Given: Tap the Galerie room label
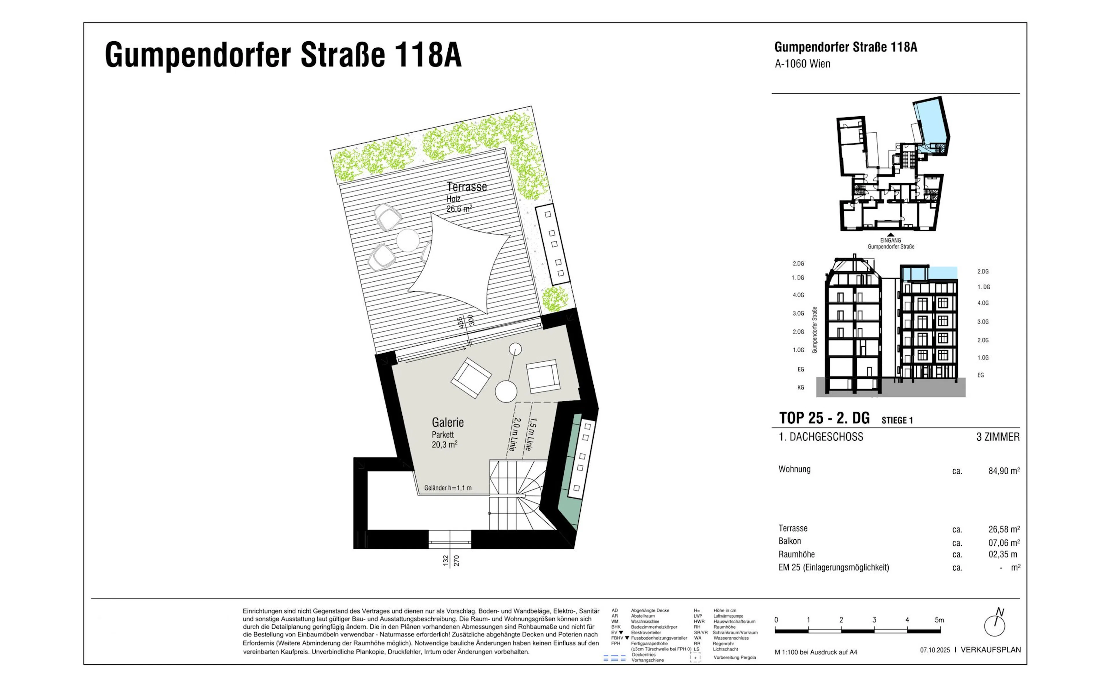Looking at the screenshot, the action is pos(448,422).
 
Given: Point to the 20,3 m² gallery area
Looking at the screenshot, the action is pos(445,444).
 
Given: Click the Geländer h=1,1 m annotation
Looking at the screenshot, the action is pos(448,488).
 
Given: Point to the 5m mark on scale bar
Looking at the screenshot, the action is pos(939,620).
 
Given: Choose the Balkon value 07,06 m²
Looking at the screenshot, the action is pos(1004,542).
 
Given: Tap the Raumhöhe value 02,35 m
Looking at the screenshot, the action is pos(1003,554).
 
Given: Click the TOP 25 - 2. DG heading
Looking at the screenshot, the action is pos(824,418).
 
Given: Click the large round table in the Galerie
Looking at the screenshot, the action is pos(506,392).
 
